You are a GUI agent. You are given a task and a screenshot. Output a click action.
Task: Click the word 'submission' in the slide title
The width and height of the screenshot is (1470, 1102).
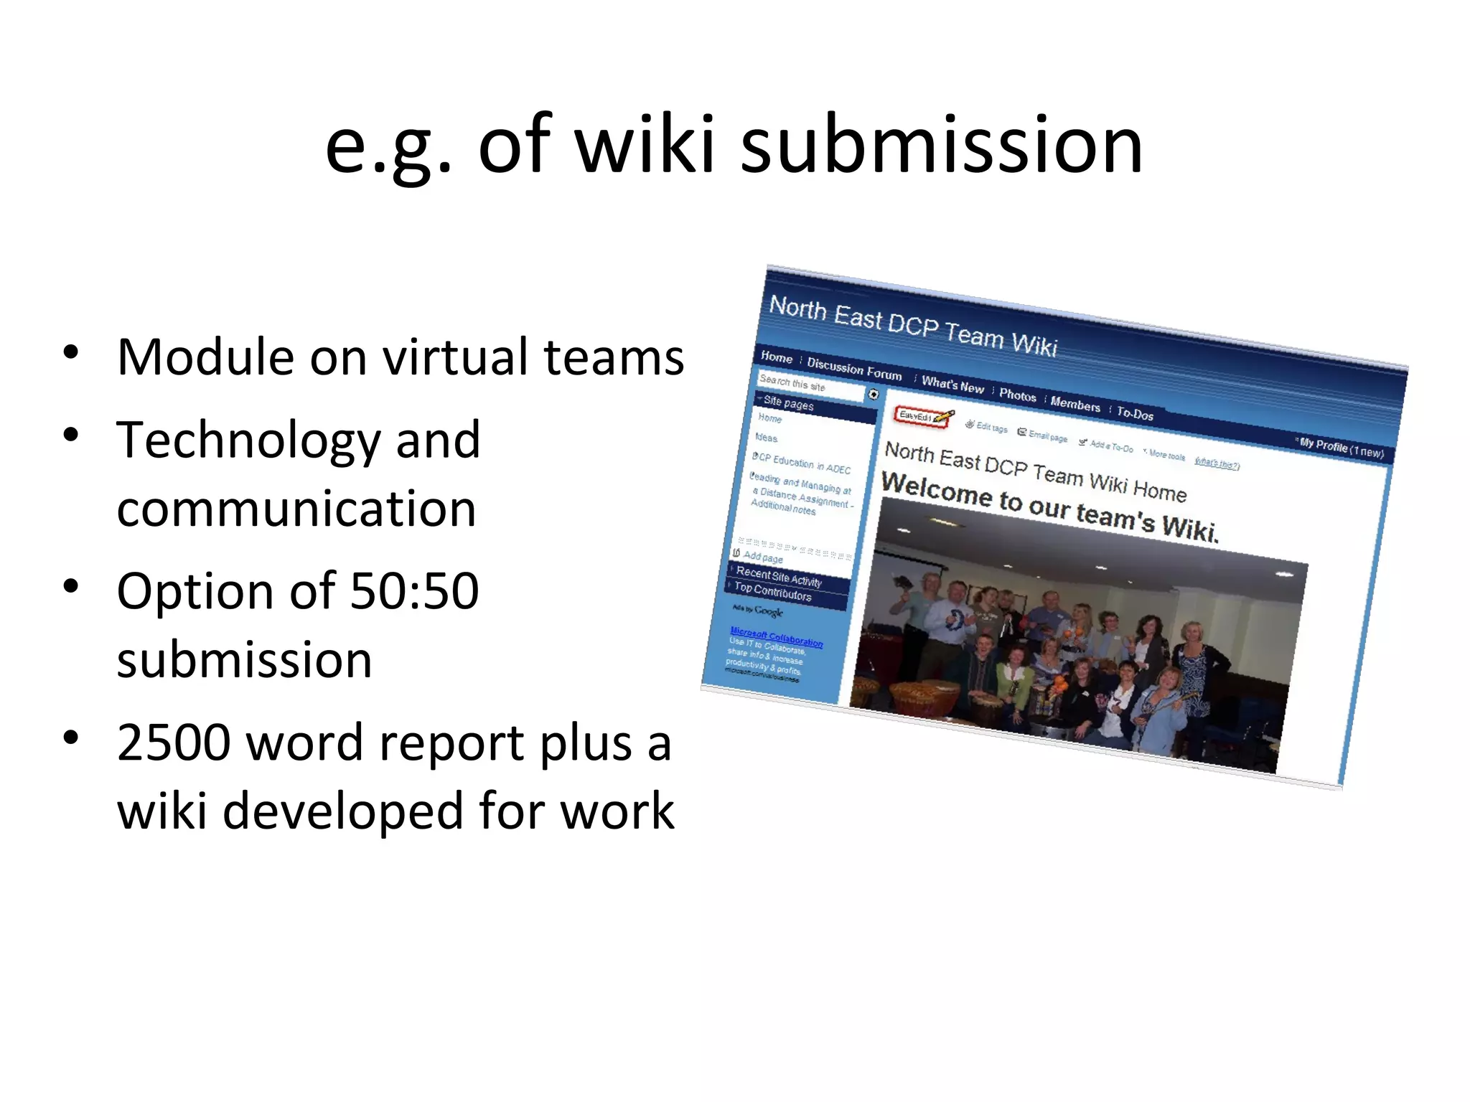(941, 146)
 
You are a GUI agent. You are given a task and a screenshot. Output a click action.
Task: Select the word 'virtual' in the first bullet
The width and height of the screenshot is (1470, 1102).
(455, 357)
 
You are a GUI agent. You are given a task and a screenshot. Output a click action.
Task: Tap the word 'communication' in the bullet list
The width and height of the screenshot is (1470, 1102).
(296, 509)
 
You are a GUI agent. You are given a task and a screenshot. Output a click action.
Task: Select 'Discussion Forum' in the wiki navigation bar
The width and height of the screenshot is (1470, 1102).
(854, 368)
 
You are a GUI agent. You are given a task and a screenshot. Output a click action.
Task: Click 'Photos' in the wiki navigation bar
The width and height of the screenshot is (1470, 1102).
(1017, 395)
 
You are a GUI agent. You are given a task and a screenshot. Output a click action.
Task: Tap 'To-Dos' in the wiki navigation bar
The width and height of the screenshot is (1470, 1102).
(1135, 414)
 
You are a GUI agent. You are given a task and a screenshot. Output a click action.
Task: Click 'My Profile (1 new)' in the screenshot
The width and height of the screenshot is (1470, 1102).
(1341, 448)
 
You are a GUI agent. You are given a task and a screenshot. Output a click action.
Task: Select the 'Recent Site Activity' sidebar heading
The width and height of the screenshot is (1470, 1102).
(779, 577)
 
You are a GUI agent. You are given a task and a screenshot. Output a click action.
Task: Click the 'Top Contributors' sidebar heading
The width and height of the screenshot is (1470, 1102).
(772, 592)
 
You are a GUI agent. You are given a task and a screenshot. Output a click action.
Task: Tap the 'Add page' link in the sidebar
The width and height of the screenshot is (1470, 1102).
(762, 557)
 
